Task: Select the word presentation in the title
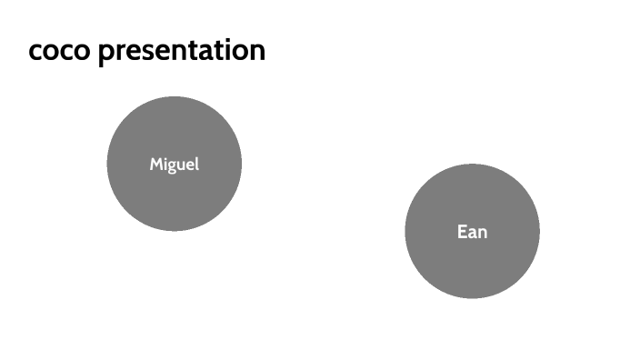[182, 51]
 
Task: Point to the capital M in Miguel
[155, 165]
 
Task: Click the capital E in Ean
[462, 232]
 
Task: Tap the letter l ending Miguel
[196, 164]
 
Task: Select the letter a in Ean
[472, 233]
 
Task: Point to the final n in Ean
[482, 233]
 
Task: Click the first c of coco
[35, 52]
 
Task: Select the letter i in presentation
[225, 50]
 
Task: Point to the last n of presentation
[256, 52]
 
